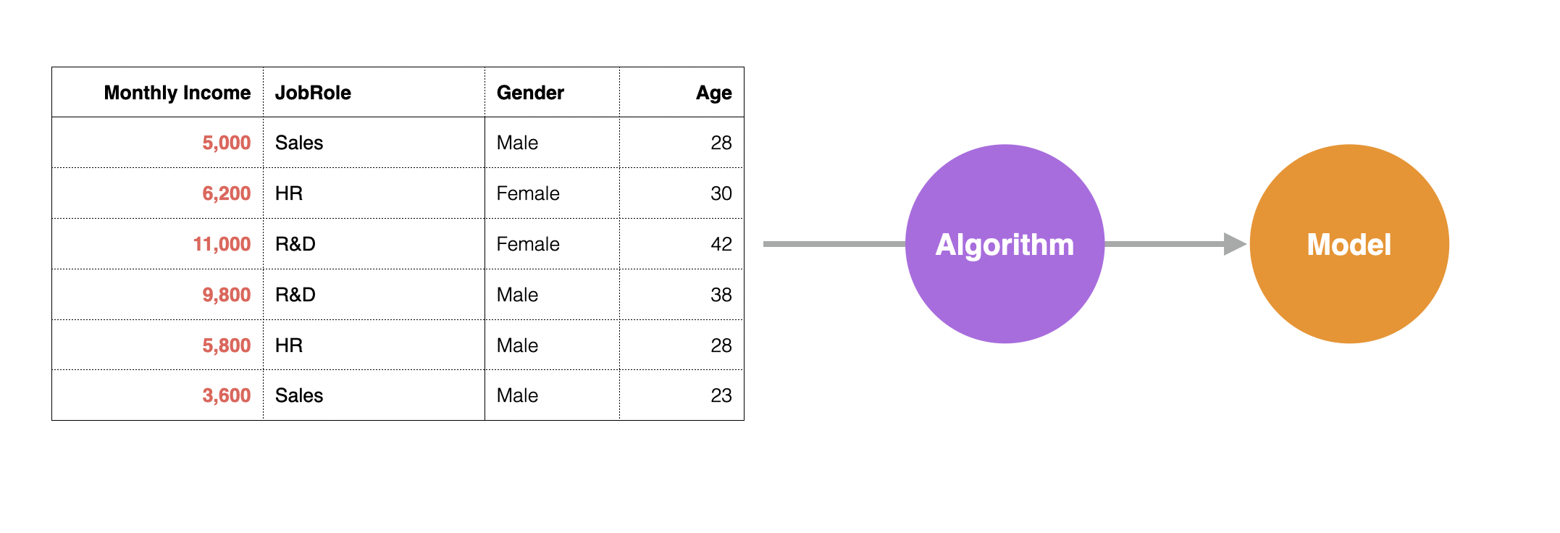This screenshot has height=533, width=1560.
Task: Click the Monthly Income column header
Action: point(177,93)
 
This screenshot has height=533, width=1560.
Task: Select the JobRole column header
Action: point(313,93)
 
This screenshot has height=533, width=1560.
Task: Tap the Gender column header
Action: point(530,93)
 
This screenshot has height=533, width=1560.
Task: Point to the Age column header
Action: point(714,93)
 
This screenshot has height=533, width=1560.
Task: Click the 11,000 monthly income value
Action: point(222,244)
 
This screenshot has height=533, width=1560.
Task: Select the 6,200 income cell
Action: point(226,193)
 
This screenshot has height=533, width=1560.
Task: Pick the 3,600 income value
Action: point(226,395)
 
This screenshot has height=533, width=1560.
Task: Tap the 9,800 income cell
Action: point(226,295)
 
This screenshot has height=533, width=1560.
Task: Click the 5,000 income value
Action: point(226,143)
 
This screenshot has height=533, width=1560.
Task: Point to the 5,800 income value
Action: point(226,345)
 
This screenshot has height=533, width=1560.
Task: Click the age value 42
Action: point(721,244)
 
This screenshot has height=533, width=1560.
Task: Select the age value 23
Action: point(721,395)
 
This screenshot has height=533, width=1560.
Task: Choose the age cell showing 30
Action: point(721,193)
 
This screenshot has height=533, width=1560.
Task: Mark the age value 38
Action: point(721,295)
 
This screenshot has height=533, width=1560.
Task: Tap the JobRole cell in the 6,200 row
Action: point(289,193)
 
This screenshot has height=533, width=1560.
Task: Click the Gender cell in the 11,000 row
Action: point(528,244)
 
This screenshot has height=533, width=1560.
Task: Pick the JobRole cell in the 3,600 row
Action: point(299,395)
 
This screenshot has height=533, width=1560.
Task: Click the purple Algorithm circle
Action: point(1005,244)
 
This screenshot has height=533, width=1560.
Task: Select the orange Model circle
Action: point(1349,244)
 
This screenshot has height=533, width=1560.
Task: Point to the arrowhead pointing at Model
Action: point(1235,244)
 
